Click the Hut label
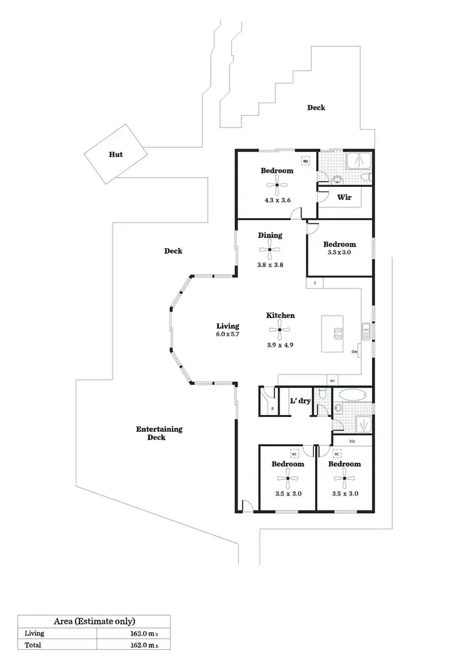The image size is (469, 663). click(116, 154)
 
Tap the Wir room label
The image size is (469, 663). click(345, 197)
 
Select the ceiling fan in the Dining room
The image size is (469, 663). click(270, 250)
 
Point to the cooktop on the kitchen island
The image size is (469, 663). click(338, 334)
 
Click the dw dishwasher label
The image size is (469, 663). click(355, 352)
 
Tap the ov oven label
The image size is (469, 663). click(333, 380)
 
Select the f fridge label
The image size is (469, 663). click(315, 283)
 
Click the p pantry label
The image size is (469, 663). click(273, 408)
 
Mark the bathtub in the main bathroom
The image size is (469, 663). click(351, 396)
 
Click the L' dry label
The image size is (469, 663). click(300, 401)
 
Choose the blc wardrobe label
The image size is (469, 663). click(352, 441)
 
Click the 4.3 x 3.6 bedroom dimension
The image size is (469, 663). click(277, 201)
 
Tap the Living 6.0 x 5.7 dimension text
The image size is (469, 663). click(228, 334)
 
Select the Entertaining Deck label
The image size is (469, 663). click(159, 433)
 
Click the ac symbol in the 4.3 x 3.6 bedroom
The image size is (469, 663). click(306, 161)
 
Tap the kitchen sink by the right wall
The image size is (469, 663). click(366, 329)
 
